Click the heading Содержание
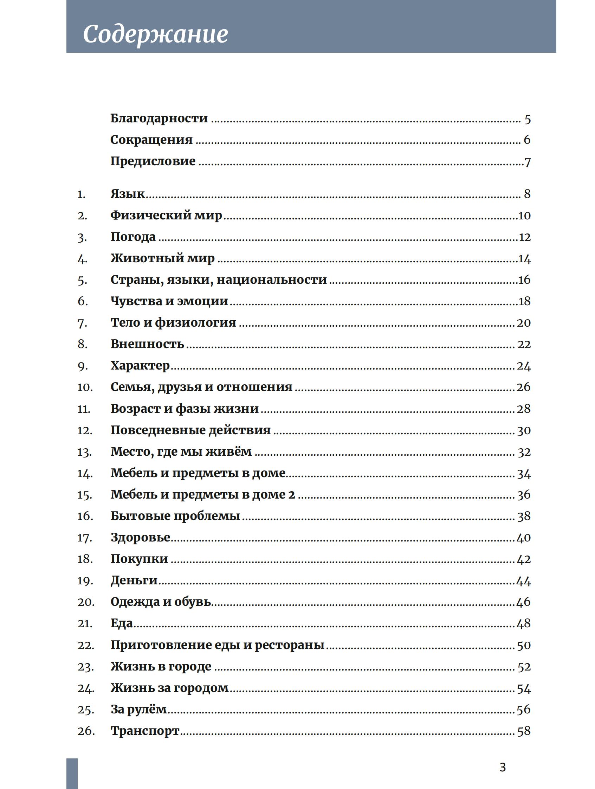coord(155,34)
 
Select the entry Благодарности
coord(159,118)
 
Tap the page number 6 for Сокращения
coord(527,140)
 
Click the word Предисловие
coord(153,161)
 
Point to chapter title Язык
coord(127,194)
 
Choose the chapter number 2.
coord(82,216)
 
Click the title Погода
coord(133,237)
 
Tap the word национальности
coord(271,280)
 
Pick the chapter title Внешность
coord(147,344)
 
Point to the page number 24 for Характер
coord(524,366)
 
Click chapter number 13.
coord(84,452)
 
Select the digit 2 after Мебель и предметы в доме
coord(291,495)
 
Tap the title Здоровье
coord(140,538)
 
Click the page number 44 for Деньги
coord(523,581)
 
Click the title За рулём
coord(138,710)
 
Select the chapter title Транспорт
coord(145,731)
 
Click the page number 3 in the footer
coord(502,767)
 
